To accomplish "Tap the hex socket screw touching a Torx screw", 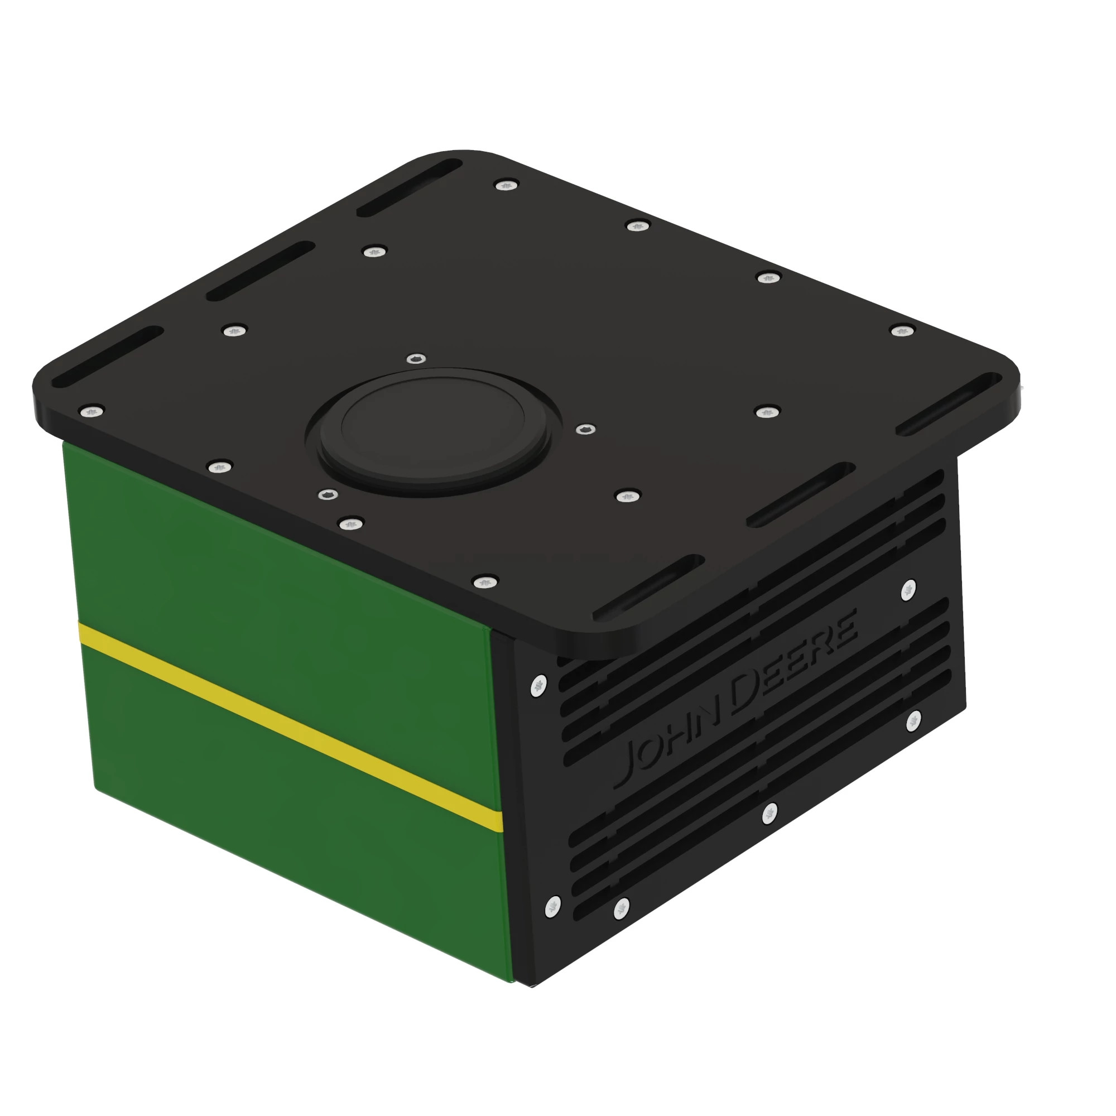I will tap(329, 494).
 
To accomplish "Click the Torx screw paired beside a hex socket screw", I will tap(350, 524).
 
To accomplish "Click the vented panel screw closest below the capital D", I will tap(769, 814).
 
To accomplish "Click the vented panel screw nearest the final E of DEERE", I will tap(908, 590).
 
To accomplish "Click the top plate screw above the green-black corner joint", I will tap(485, 581).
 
